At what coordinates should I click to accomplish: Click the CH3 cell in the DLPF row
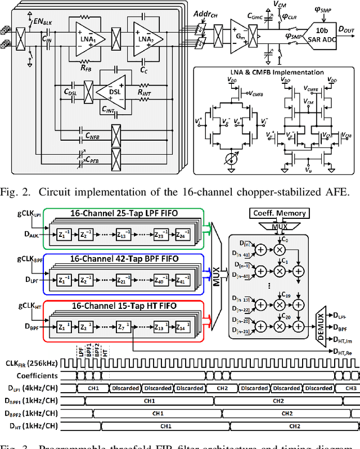(350, 388)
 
